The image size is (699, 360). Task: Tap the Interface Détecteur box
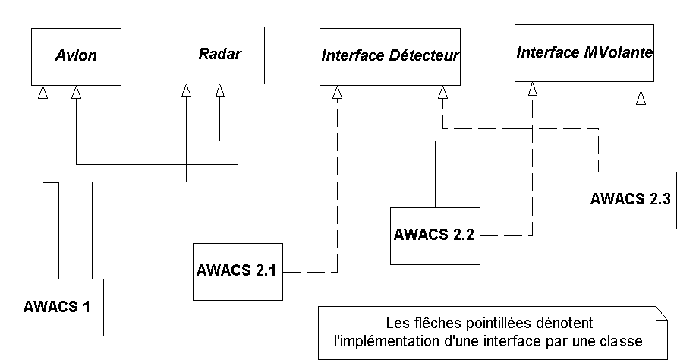tap(390, 56)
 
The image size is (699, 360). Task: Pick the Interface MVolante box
tap(584, 53)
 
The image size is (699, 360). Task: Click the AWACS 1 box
tap(58, 307)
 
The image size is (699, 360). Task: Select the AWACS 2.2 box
tap(435, 235)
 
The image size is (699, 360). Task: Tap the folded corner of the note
tap(659, 313)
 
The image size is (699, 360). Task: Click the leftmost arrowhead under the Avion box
tap(43, 91)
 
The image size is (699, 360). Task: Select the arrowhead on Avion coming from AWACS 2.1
tap(76, 91)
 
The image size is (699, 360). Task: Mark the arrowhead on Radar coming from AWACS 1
tap(187, 91)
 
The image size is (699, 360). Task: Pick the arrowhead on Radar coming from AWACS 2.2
tap(219, 91)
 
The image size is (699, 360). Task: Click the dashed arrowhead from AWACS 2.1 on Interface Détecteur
tap(337, 92)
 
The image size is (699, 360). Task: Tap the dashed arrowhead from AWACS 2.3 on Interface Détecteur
tap(442, 92)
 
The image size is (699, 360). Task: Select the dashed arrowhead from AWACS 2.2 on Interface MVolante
tap(533, 89)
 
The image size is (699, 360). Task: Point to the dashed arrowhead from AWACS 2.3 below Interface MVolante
tap(641, 97)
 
